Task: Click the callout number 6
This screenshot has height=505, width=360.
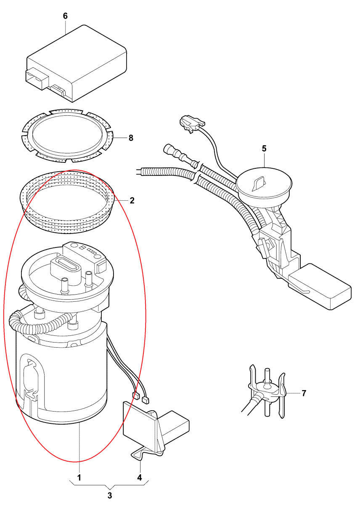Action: [65, 16]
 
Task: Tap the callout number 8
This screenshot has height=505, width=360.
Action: [131, 138]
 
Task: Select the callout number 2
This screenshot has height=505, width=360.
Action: [132, 201]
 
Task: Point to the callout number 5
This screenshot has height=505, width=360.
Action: [264, 149]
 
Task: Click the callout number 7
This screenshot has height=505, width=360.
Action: [304, 393]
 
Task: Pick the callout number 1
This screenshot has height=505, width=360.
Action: [79, 478]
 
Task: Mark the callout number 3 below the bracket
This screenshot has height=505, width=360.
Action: [110, 495]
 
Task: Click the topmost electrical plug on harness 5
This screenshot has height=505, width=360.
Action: [190, 123]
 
